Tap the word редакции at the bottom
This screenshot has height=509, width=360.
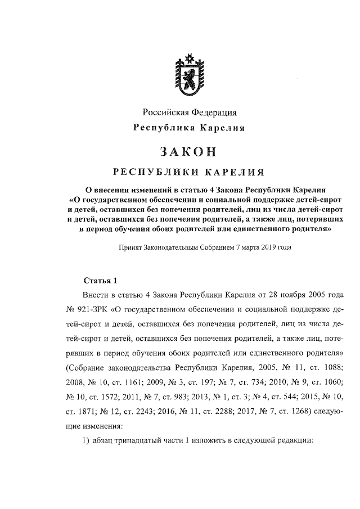[x=291, y=440]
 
